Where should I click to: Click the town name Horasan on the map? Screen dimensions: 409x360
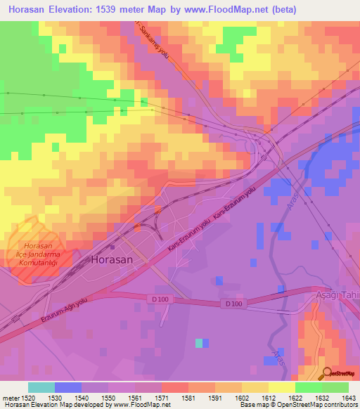(x=111, y=259)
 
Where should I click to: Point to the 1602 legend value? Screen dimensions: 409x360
(x=241, y=397)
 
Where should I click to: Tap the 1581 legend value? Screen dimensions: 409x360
(x=188, y=397)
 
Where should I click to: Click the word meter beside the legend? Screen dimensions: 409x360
(x=10, y=397)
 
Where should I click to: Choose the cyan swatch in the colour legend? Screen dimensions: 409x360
(x=41, y=387)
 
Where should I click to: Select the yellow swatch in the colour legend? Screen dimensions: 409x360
(x=281, y=387)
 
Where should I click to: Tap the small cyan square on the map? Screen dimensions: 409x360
(x=200, y=343)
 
